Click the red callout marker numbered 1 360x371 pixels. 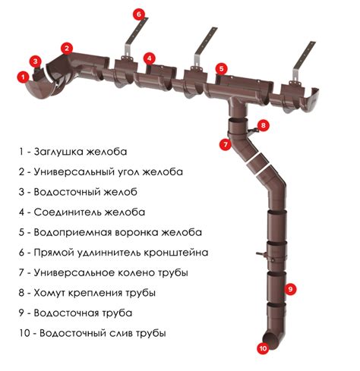tap(24, 77)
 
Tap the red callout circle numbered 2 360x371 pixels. tap(67, 48)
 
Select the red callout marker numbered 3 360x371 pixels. tap(36, 61)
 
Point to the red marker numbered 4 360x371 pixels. tap(150, 58)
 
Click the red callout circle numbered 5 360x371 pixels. tap(222, 68)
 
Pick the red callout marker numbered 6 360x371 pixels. tap(139, 14)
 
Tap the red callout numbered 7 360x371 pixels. tap(225, 144)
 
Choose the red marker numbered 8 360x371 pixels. tap(264, 125)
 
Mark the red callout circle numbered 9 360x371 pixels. tap(291, 289)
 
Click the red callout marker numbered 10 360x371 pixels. tap(264, 348)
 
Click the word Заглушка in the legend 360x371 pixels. tap(58, 152)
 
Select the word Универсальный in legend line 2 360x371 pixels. tap(74, 172)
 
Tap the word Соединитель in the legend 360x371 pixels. tap(68, 212)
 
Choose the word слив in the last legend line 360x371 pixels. tap(121, 333)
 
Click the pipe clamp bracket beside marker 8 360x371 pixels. tap(253, 130)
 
